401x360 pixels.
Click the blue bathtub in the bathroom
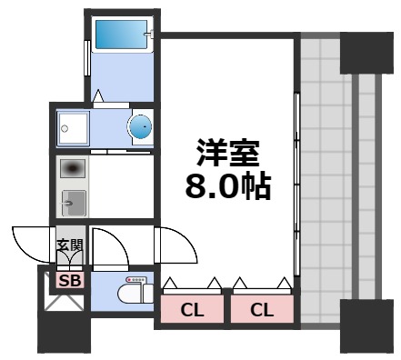click(123, 35)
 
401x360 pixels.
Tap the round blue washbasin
click(140, 128)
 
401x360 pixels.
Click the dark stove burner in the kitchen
click(73, 168)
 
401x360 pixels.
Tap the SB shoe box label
click(70, 280)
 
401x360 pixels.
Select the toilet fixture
click(135, 291)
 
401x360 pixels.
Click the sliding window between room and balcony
click(296, 182)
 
